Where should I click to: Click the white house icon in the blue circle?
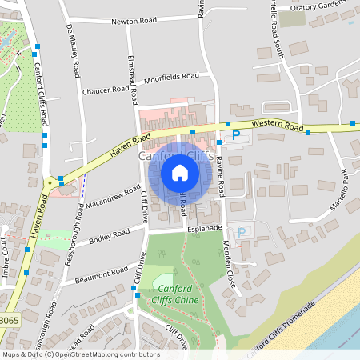pyautogui.click(x=179, y=172)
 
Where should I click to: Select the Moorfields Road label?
pyautogui.click(x=171, y=78)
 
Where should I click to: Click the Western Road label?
pyautogui.click(x=276, y=126)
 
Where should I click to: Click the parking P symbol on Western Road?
pyautogui.click(x=235, y=137)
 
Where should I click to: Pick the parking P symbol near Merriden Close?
pyautogui.click(x=242, y=231)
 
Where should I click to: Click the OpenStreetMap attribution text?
pyautogui.click(x=80, y=354)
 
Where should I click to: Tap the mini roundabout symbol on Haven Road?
pyautogui.click(x=50, y=182)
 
